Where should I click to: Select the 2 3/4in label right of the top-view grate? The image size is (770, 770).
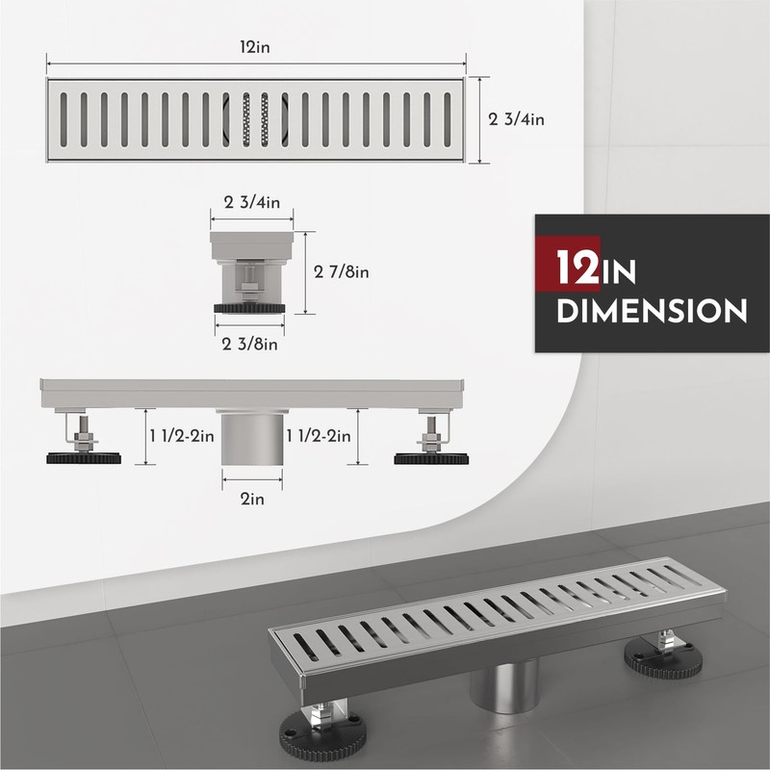tap(518, 121)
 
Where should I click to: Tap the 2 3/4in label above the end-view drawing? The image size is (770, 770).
tap(251, 203)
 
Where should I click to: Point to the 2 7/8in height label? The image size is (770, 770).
tap(342, 272)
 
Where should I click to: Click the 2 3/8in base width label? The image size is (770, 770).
tap(251, 344)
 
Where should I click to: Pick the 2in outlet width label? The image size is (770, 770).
tap(252, 500)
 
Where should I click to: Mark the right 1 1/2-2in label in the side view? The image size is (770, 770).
tap(319, 437)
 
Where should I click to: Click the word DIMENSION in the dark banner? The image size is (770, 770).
tap(654, 311)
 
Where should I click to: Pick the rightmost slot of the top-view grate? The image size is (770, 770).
tap(446, 120)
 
